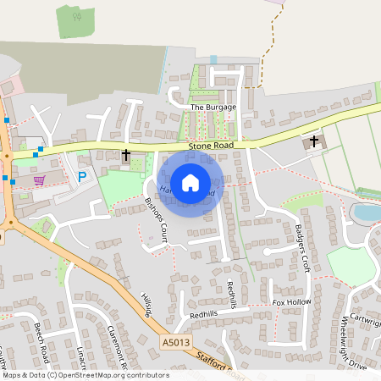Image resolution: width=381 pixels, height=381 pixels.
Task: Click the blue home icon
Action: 190,182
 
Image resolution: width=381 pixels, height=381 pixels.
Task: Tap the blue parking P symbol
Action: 82,177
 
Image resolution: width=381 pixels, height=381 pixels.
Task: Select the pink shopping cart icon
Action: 38,179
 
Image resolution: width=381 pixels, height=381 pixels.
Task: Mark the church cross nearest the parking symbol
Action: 126,155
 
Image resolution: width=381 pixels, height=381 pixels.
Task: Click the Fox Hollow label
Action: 291,302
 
